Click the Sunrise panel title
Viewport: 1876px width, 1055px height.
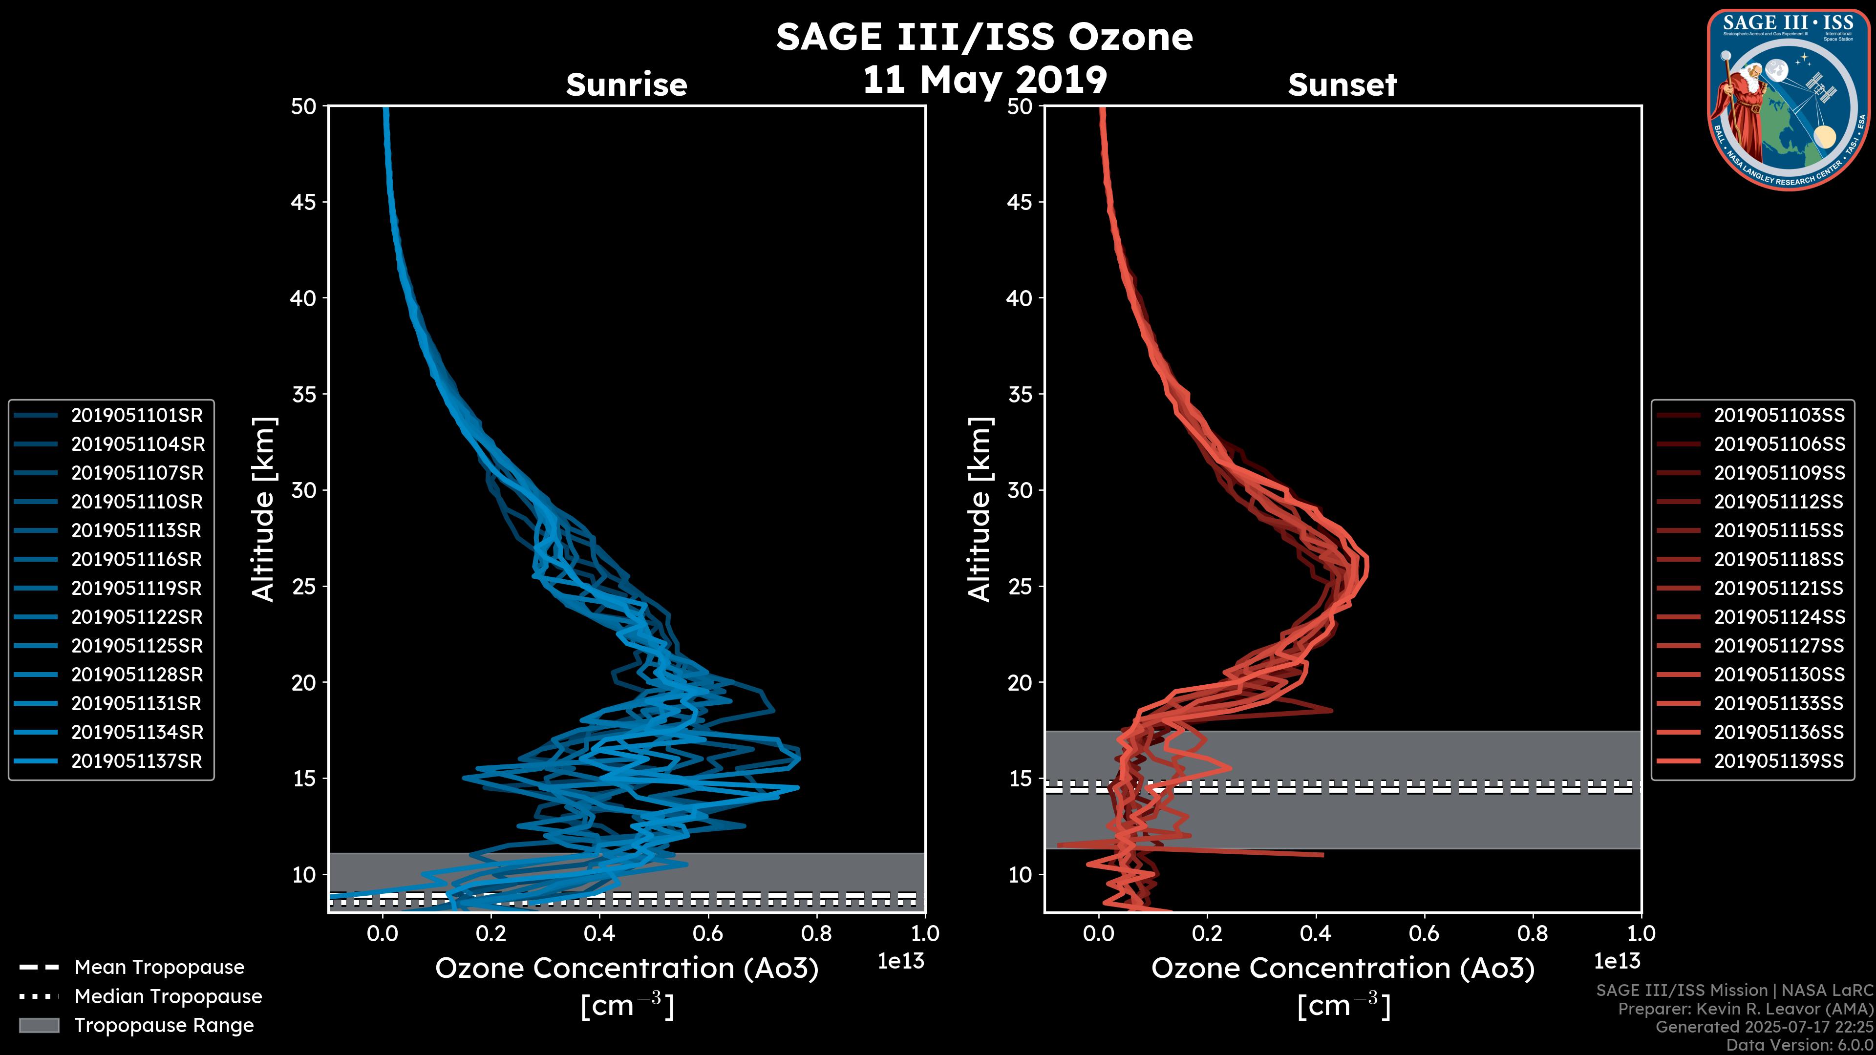point(626,84)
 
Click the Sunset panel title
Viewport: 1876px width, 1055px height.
point(1342,84)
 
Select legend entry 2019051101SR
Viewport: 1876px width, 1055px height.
point(137,415)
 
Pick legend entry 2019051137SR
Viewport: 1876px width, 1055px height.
point(136,761)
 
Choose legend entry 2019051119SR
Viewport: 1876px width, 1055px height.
point(137,588)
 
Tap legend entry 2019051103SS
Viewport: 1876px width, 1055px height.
point(1779,415)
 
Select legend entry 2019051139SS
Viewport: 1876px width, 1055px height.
point(1779,761)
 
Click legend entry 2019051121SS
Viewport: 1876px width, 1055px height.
point(1779,588)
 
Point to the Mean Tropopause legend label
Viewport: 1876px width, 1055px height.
point(159,967)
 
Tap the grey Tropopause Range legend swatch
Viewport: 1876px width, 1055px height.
point(39,1025)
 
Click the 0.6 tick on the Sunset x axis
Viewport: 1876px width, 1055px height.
point(1425,933)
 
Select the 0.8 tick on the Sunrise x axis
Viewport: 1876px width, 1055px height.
point(816,933)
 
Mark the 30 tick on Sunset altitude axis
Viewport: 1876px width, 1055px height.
point(1020,490)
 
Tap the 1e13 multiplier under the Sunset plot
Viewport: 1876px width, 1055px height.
point(1617,961)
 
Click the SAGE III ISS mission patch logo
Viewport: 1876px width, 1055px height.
point(1787,99)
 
